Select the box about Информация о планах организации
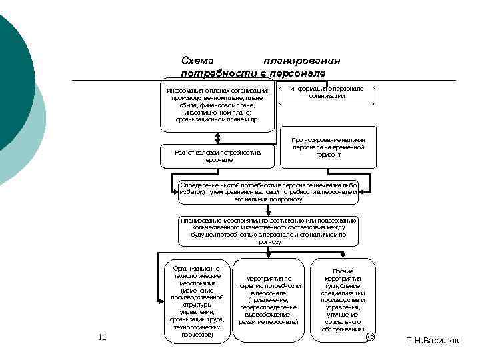click(217, 105)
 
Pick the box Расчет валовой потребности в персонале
click(217, 156)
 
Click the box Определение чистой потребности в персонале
click(269, 191)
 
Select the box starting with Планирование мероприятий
click(269, 231)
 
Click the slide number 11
click(102, 337)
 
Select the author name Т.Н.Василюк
click(433, 341)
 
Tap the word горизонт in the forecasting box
click(328, 155)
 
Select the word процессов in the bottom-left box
click(197, 335)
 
